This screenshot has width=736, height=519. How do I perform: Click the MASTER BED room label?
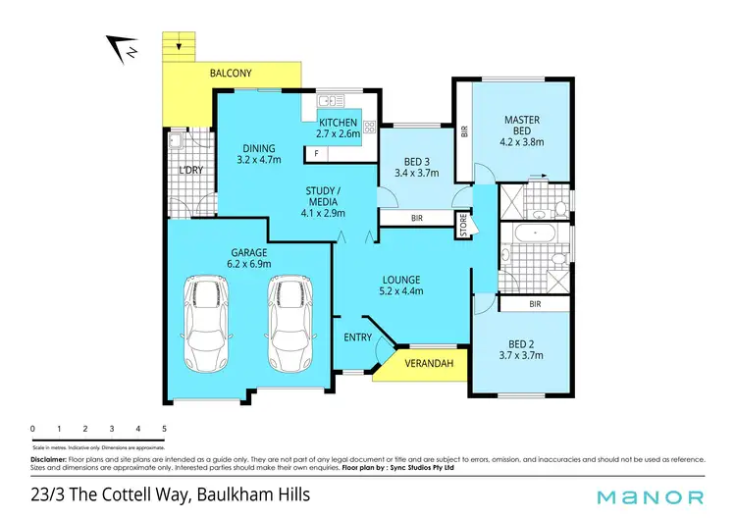click(522, 126)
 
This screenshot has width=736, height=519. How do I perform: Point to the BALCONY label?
click(231, 74)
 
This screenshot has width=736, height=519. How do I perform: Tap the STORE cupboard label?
click(463, 227)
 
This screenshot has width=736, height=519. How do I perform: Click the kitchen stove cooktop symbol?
click(371, 126)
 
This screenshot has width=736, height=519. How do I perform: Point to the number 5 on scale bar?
click(164, 429)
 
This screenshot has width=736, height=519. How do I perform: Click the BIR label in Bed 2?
click(535, 305)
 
